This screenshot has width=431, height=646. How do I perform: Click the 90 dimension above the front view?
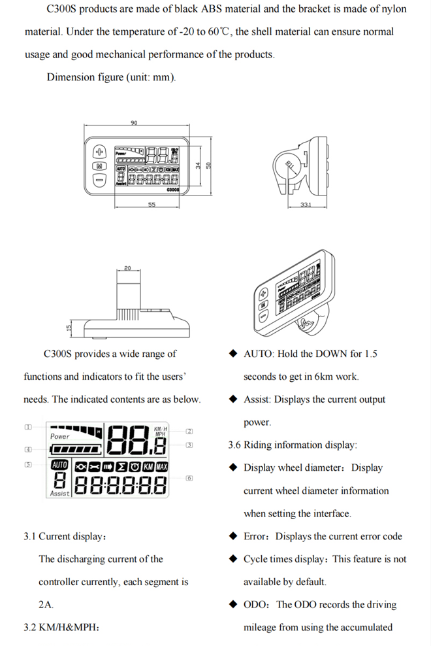(x=134, y=123)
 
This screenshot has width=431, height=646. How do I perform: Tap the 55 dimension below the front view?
(x=152, y=205)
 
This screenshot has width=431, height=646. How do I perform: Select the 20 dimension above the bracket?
(x=127, y=268)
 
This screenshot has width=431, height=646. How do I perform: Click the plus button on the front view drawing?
(x=100, y=152)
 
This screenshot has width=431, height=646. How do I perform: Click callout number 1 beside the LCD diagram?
(x=27, y=427)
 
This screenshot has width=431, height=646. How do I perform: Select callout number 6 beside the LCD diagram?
(x=189, y=478)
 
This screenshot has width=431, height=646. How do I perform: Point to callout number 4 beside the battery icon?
(x=27, y=449)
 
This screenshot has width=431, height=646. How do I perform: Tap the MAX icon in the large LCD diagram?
(x=162, y=467)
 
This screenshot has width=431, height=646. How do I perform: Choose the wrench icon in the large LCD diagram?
(x=94, y=467)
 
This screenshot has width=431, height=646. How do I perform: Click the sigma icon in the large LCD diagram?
(x=121, y=467)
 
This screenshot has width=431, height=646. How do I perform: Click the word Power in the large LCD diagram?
(x=60, y=436)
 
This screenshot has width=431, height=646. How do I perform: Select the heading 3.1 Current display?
(x=65, y=537)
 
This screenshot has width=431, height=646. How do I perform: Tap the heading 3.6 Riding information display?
(x=293, y=445)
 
